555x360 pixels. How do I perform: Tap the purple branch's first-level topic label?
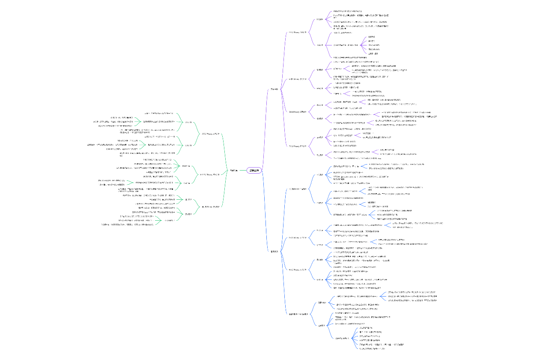pos(274,89)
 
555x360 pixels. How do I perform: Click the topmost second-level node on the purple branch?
pos(297,32)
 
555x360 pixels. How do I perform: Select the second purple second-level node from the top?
pos(297,79)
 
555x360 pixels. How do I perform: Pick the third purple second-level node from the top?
pos(297,111)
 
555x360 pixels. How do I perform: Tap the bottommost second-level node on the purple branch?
pos(297,146)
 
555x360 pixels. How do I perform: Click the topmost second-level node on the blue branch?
pos(297,188)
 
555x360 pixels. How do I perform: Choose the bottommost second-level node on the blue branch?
pos(298,315)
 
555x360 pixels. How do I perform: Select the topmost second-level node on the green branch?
pos(211,134)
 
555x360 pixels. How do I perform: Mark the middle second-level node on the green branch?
pos(211,174)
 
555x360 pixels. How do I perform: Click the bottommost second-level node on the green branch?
pos(211,207)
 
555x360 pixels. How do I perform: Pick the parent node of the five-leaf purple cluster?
pos(345,45)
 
